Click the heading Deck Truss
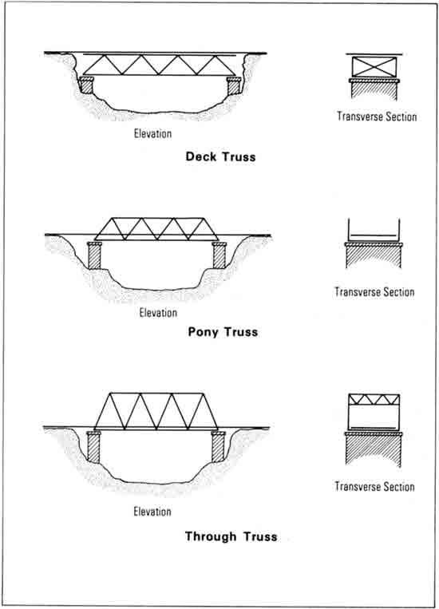pos(220,156)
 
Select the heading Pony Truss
pos(223,332)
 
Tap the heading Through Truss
pos(231,536)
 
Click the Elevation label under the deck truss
pos(152,133)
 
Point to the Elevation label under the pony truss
pos(158,312)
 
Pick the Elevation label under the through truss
pos(152,511)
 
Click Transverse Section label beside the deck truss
pos(377,117)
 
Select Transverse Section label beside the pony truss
pos(374,291)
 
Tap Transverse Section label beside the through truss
pos(374,486)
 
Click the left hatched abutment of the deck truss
pos(87,85)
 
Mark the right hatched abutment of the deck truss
pos(234,85)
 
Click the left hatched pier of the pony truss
pos(94,255)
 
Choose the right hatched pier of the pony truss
pos(219,255)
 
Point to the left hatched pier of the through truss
pos(93,447)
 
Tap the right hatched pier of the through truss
pos(219,446)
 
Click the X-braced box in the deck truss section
pos(374,67)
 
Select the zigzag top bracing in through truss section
pos(374,400)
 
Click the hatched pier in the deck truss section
pos(374,89)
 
